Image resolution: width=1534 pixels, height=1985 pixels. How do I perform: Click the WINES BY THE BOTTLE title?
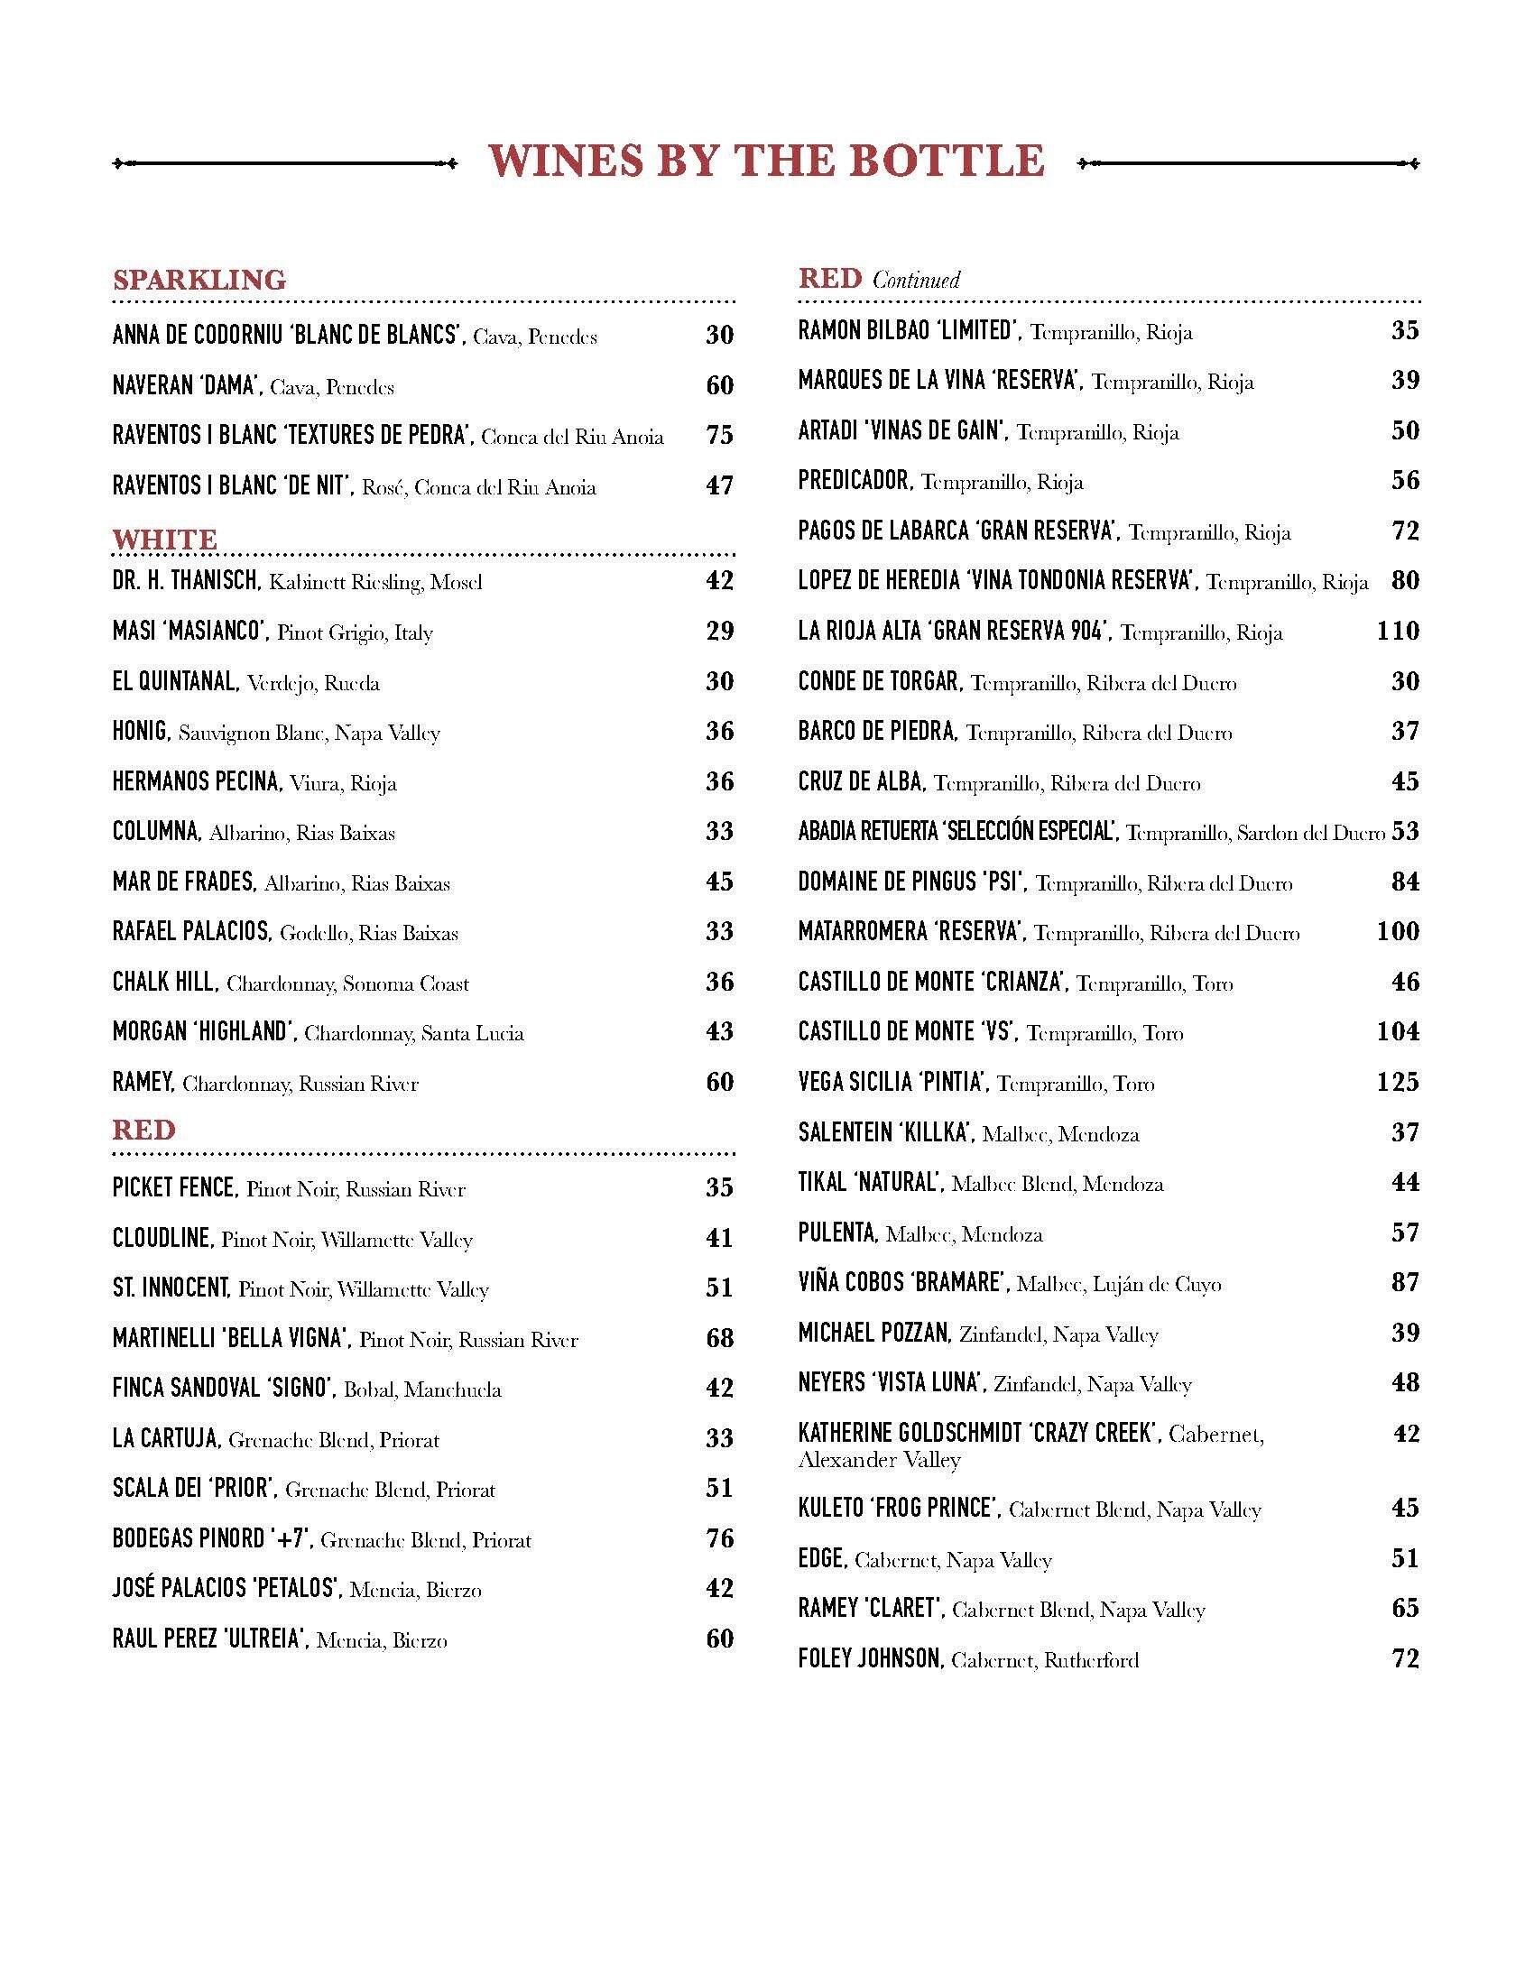pos(766,162)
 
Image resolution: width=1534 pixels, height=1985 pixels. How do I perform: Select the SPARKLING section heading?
pos(199,279)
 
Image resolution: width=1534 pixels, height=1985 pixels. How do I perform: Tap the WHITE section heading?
pos(164,539)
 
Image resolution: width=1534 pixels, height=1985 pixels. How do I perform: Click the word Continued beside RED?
pos(916,280)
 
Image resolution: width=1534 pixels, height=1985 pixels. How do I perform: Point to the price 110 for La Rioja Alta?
pos(1397,631)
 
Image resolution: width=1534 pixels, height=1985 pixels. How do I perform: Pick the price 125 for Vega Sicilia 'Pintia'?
pos(1397,1082)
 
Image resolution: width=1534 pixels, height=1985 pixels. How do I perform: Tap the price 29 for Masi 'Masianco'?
pos(719,631)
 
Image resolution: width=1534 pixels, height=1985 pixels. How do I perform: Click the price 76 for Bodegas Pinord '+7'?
pos(719,1538)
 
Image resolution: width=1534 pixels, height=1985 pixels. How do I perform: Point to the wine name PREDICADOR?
pos(855,481)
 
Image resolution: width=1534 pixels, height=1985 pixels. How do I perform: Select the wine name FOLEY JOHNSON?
pos(870,1658)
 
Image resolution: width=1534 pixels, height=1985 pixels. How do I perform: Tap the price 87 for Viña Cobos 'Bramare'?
pos(1405,1282)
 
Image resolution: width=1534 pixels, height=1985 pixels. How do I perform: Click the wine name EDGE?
pos(822,1559)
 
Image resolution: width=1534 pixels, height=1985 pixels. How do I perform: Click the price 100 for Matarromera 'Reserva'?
pos(1397,931)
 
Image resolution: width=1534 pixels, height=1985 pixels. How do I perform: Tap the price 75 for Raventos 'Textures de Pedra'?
pos(719,436)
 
